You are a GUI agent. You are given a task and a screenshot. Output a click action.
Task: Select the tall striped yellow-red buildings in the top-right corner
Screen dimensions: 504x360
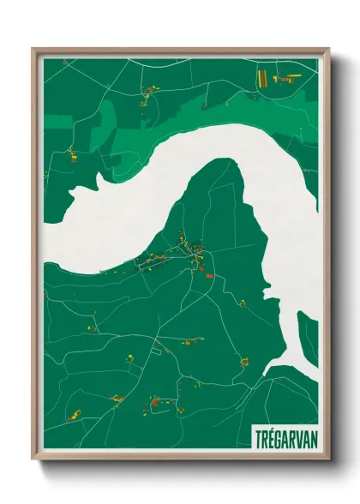click(261, 77)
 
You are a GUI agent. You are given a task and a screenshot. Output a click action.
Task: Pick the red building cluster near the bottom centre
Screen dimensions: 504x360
click(154, 398)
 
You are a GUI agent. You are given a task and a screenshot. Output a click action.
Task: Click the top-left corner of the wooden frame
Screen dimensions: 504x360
click(33, 50)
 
